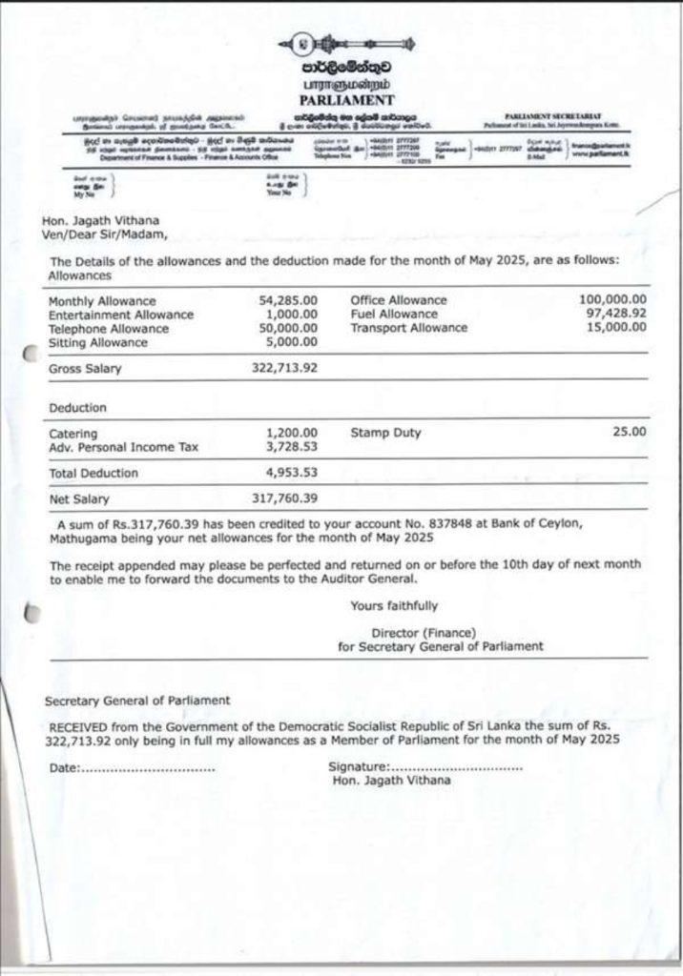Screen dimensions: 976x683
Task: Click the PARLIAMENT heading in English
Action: (x=345, y=99)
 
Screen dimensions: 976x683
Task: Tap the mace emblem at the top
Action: (x=344, y=44)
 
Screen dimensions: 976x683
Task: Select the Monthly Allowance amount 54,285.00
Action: (x=288, y=300)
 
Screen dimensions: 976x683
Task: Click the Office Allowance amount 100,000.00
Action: (x=612, y=299)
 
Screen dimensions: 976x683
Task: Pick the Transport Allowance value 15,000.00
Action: (x=616, y=327)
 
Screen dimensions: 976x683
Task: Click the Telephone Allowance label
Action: (x=109, y=329)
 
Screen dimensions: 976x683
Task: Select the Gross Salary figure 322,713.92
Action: (x=284, y=368)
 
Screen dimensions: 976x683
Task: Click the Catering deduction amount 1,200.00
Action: (x=292, y=433)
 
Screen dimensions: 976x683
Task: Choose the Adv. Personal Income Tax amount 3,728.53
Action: (x=292, y=446)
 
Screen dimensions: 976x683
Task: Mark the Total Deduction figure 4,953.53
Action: (x=292, y=472)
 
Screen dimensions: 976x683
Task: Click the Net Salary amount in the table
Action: (x=284, y=498)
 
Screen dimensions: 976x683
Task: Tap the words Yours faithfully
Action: (x=394, y=605)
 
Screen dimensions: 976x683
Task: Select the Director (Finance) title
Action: (x=423, y=632)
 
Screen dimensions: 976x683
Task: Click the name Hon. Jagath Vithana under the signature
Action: (x=392, y=781)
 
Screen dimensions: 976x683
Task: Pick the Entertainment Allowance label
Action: (x=121, y=315)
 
